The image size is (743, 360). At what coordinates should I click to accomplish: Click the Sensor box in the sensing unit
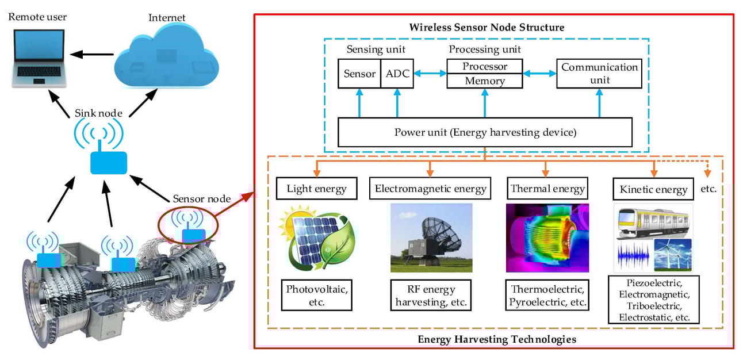click(x=359, y=74)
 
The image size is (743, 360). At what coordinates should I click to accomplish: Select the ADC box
click(x=397, y=74)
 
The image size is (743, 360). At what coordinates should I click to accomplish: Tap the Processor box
click(x=485, y=66)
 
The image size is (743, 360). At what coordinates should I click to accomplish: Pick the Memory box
click(x=485, y=81)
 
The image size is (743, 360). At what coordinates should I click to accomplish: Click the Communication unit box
click(x=599, y=74)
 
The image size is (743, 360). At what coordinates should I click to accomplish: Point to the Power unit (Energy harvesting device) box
click(x=484, y=132)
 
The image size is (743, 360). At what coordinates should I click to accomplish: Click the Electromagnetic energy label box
click(x=431, y=188)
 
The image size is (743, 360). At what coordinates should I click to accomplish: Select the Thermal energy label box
click(x=546, y=188)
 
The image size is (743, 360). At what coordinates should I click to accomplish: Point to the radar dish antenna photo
click(x=431, y=238)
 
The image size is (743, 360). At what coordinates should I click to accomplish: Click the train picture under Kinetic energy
click(x=653, y=221)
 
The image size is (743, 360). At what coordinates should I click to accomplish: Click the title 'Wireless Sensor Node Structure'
click(x=487, y=27)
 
